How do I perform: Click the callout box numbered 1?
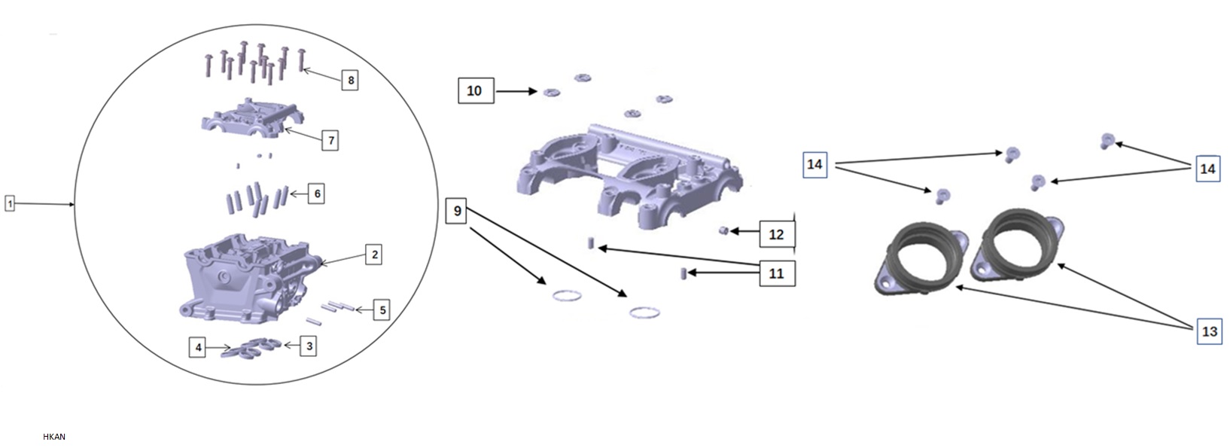10,204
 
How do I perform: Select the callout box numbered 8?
350,80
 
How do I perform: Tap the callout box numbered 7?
330,141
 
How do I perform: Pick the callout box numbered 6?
316,194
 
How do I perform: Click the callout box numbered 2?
374,254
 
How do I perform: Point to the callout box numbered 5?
382,310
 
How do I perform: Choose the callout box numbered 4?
198,348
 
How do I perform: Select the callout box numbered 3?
309,346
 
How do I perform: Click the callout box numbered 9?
457,211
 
